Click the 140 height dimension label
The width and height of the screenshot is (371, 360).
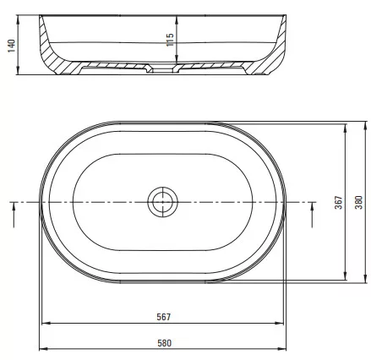pos(11,46)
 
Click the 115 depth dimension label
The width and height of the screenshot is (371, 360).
pos(170,40)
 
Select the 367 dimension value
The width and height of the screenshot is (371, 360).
pos(339,203)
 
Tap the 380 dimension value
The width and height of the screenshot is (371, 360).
pos(359,202)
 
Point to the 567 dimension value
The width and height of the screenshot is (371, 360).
pos(164,317)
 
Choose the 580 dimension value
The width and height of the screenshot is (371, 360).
pos(164,343)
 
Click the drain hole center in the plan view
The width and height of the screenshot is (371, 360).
pos(162,202)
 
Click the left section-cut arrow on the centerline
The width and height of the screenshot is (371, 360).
pos(14,215)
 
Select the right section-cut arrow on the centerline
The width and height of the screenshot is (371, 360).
pos(312,215)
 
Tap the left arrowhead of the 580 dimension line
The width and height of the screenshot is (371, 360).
pos(43,349)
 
